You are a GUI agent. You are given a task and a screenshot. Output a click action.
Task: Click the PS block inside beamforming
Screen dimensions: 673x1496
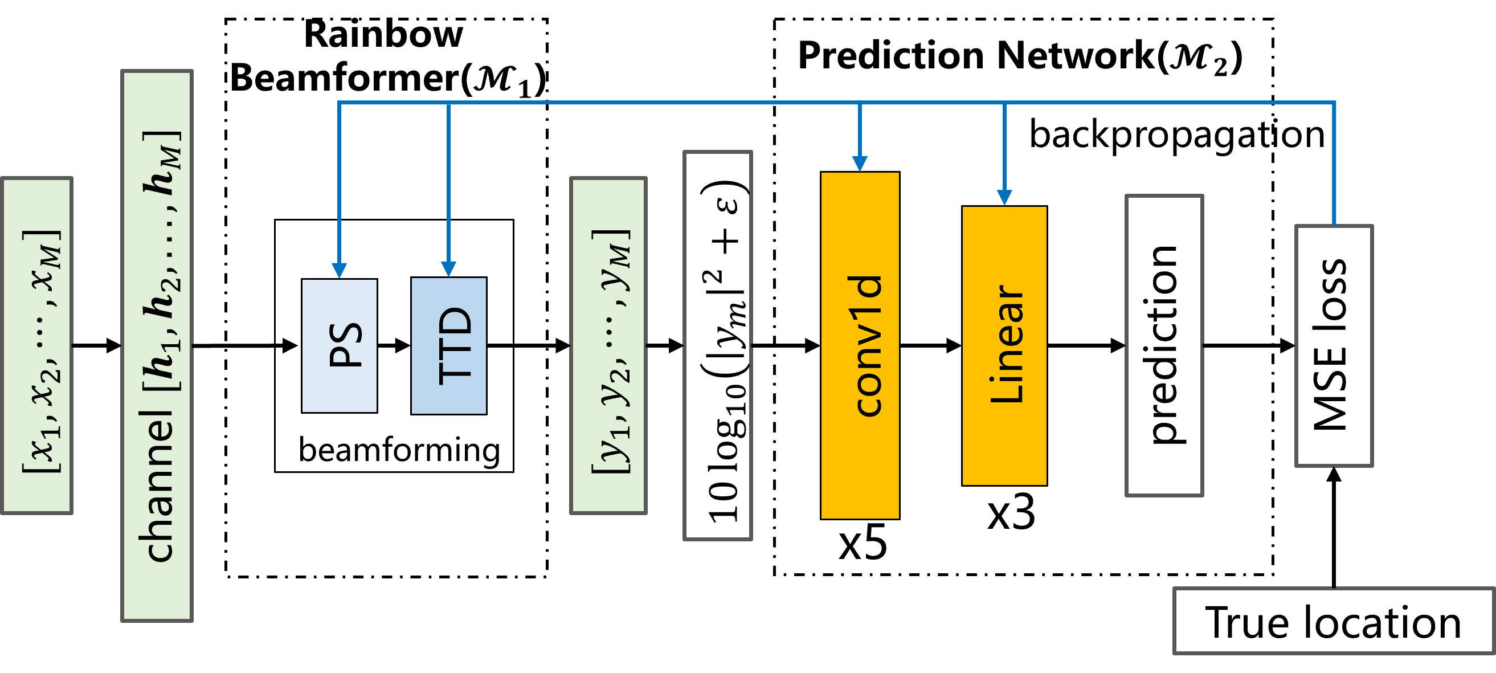tap(339, 346)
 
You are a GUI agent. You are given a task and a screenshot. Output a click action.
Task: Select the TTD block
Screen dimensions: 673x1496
tap(448, 346)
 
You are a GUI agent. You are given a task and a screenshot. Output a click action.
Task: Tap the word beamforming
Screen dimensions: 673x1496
tap(399, 450)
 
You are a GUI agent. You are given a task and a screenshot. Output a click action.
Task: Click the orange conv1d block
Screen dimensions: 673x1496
tap(860, 345)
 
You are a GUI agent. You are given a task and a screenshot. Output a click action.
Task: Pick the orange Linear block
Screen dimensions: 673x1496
tap(1004, 345)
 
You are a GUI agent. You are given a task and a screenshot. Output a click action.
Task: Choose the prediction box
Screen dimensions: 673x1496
tap(1164, 345)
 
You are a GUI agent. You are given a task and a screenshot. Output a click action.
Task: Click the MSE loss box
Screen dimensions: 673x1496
tap(1334, 345)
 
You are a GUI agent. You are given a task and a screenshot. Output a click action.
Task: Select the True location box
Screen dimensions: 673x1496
tap(1333, 621)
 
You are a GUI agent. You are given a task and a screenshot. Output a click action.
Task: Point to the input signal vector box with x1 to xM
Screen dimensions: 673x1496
tap(37, 345)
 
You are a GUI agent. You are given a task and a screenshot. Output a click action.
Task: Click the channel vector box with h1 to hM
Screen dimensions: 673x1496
tap(157, 345)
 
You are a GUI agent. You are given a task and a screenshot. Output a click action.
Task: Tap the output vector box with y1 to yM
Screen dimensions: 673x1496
tap(608, 345)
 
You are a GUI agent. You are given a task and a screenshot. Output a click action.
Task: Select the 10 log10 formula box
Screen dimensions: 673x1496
tap(718, 345)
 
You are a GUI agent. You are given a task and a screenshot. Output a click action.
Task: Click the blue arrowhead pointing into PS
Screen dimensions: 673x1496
tap(339, 270)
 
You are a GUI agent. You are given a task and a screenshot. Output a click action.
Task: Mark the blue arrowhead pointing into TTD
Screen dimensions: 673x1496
tap(448, 269)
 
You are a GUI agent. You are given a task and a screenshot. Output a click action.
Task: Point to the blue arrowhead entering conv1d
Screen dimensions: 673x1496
tap(860, 164)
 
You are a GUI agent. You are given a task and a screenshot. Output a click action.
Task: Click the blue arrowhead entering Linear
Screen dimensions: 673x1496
tap(1004, 197)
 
